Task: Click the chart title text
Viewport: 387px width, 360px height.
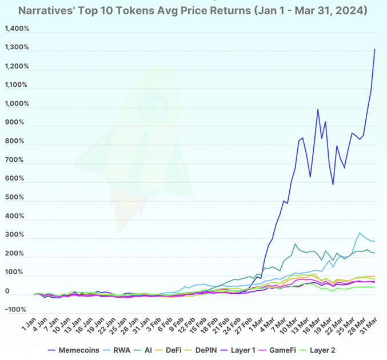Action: (x=193, y=10)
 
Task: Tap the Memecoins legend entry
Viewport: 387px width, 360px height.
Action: (x=74, y=350)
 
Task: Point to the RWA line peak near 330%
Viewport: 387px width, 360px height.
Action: (x=360, y=233)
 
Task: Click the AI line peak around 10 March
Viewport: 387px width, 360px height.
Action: (x=295, y=245)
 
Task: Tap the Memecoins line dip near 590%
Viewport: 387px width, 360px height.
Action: (x=333, y=184)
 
